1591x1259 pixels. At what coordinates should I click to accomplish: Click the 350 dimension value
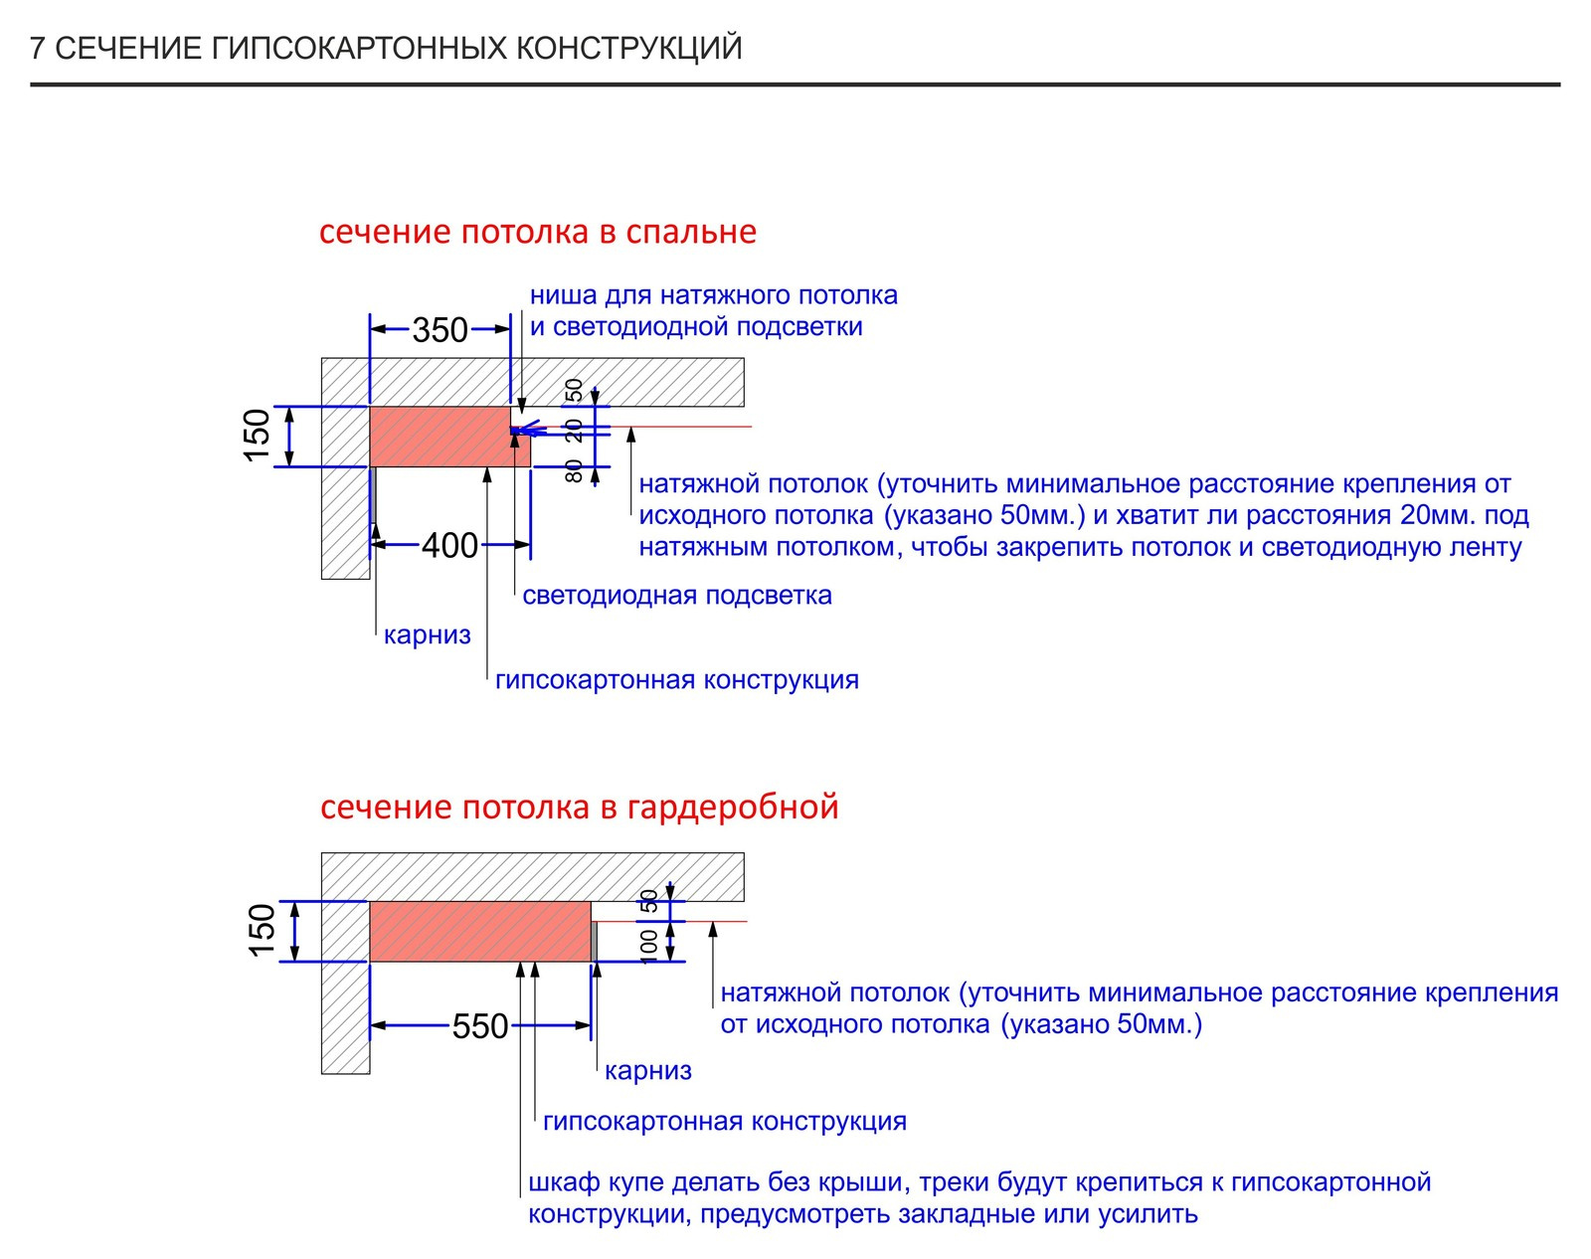[440, 330]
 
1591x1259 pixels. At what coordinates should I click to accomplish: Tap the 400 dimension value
[450, 546]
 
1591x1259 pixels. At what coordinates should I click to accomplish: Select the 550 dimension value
[480, 1026]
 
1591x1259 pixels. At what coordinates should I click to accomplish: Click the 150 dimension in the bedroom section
[258, 437]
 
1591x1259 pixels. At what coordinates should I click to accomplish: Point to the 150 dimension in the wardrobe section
[262, 931]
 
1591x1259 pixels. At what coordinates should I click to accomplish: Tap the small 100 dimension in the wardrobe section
[648, 947]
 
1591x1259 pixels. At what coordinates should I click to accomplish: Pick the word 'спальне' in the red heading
[691, 232]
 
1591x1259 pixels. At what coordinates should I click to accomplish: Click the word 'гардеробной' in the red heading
[733, 807]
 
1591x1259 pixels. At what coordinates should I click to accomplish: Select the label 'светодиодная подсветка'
[677, 595]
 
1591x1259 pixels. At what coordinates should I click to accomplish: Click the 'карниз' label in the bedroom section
[428, 635]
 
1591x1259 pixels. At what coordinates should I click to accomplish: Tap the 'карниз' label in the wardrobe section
[648, 1070]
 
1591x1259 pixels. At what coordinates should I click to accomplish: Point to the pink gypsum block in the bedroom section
[441, 437]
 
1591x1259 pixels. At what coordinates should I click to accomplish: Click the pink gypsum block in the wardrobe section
[480, 932]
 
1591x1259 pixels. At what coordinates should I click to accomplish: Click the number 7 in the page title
[38, 49]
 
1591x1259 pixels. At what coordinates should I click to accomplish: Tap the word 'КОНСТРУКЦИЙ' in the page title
[628, 48]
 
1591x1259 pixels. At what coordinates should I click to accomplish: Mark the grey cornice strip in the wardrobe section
[595, 941]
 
